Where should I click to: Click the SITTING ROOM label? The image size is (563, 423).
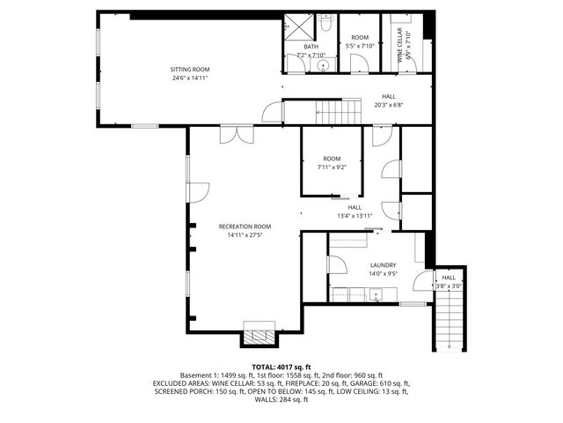(x=189, y=70)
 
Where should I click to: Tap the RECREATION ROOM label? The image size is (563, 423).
(x=245, y=226)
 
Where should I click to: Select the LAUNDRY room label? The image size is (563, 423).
(x=383, y=265)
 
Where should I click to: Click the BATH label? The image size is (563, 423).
(x=311, y=47)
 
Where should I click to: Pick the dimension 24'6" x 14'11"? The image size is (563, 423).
(x=189, y=78)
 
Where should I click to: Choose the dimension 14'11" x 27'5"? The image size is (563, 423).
(x=245, y=235)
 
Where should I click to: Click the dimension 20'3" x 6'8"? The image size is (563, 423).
(x=388, y=105)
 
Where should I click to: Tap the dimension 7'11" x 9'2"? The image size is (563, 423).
(x=332, y=167)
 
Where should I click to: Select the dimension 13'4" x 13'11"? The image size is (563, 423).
(x=355, y=216)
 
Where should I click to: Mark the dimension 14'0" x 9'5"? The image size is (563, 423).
(x=383, y=274)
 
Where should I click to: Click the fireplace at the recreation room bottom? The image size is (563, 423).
(x=260, y=336)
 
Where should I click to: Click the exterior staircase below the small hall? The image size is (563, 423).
(x=450, y=322)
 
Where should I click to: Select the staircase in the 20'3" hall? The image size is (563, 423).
(x=339, y=112)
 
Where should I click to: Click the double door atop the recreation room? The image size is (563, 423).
(x=231, y=133)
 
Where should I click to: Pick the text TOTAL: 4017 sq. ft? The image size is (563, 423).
(x=281, y=366)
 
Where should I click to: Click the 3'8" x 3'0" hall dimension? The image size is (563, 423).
(x=449, y=286)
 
